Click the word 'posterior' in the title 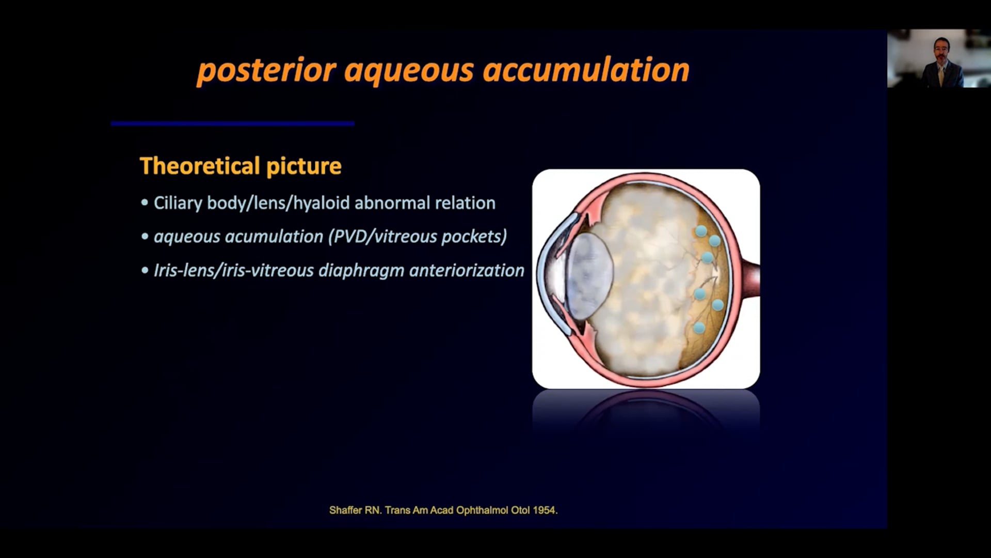tap(267, 71)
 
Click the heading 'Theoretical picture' tap(241, 166)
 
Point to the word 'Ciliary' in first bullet tap(178, 203)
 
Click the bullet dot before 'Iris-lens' tap(145, 271)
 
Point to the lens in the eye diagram tap(590, 276)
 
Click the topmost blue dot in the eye tap(701, 231)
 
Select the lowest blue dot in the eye tap(699, 327)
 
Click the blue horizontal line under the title tap(232, 123)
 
